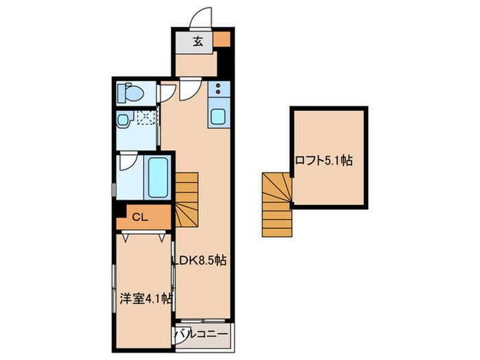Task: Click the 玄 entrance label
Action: coord(197,41)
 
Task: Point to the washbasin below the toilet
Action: coord(123,120)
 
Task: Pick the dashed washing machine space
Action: coord(145,119)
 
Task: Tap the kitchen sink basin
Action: coord(218,116)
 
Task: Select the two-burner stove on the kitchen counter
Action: coord(218,89)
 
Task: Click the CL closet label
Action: coord(139,218)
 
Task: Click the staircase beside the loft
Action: coord(277,204)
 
